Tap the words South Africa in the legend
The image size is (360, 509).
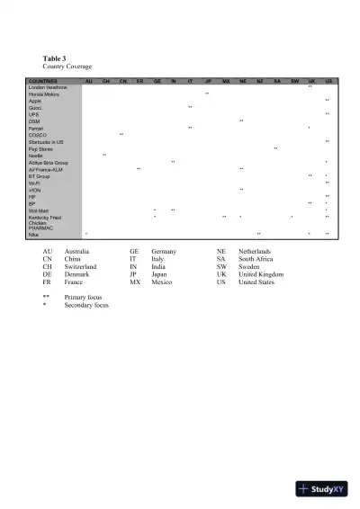[x=257, y=258]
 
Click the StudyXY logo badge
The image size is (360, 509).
[x=320, y=490]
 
